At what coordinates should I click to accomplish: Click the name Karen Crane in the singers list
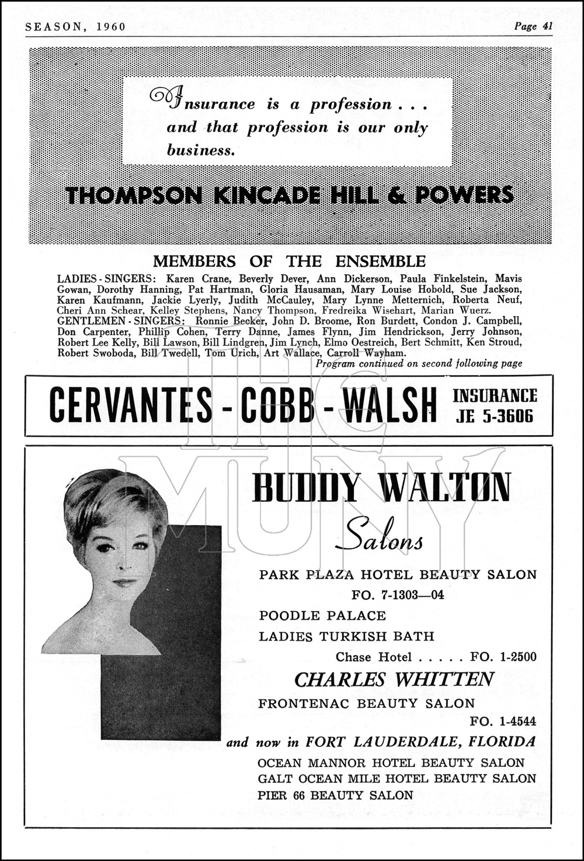pos(192,279)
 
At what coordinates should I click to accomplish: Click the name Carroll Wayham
pos(367,353)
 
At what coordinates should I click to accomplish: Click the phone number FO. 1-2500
pos(503,657)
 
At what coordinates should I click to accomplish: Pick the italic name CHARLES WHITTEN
pos(394,679)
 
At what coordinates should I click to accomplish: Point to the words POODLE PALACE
pos(322,616)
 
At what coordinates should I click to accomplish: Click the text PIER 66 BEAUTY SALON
pos(336,795)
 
